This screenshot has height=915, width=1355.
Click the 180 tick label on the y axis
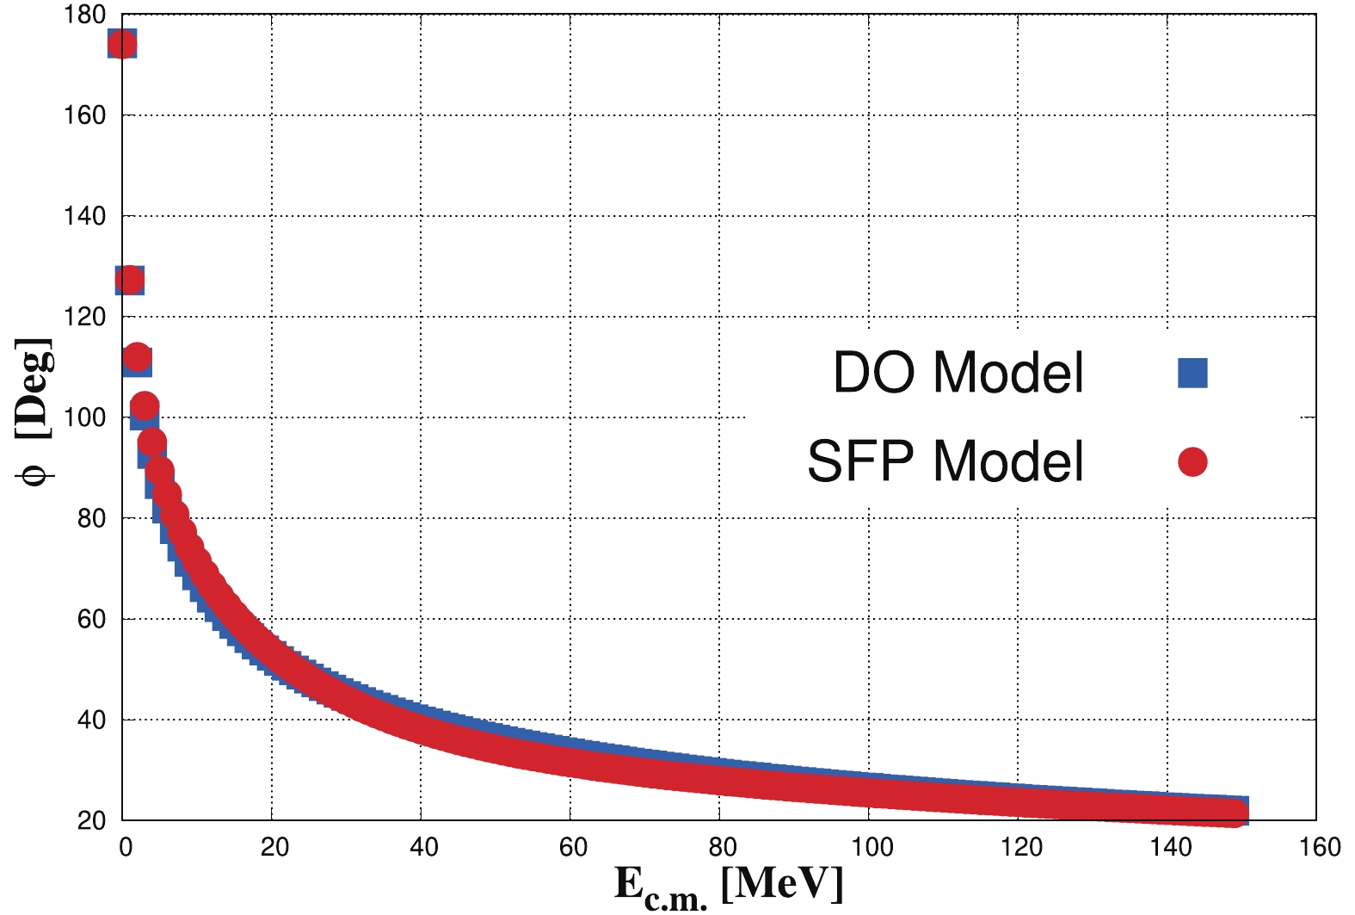84,15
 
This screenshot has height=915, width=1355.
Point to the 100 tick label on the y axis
84,417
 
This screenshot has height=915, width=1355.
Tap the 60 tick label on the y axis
91,619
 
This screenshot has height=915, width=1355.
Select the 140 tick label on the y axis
84,216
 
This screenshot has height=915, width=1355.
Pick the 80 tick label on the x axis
723,847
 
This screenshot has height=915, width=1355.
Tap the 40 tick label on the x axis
423,847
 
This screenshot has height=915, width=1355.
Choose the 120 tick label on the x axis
1021,847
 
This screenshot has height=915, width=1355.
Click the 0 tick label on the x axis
126,847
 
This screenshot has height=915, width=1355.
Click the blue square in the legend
1192,373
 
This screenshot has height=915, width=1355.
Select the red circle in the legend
1192,462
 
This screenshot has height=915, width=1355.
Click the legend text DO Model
958,373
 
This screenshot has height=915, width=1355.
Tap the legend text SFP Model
945,461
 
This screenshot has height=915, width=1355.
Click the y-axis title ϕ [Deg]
34,411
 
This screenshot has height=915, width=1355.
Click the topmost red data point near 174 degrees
122,44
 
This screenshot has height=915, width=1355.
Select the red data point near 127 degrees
130,280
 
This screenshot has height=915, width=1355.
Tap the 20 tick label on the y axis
91,820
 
